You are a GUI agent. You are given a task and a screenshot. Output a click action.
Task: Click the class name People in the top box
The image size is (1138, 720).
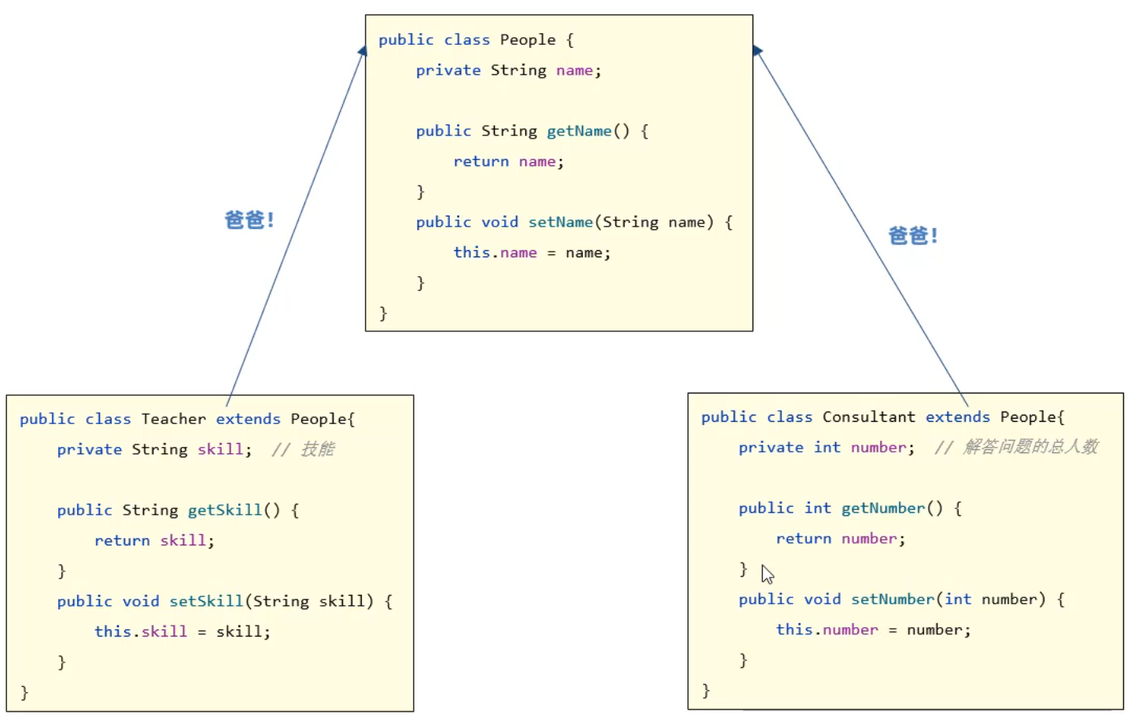(x=527, y=40)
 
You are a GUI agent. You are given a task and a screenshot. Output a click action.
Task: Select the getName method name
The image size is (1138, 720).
(x=579, y=131)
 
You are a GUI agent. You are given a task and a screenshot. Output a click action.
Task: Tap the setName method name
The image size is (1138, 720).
(x=560, y=223)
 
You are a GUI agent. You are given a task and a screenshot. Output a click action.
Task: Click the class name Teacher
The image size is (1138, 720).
(x=173, y=419)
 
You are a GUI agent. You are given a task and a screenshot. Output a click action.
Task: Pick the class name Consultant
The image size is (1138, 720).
(x=868, y=417)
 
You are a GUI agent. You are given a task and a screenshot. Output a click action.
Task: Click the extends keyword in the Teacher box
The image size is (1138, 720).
(x=248, y=419)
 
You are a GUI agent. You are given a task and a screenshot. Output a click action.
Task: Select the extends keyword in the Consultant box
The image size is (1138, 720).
(x=957, y=417)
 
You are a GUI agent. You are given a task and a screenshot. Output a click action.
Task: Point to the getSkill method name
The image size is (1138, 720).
(x=224, y=511)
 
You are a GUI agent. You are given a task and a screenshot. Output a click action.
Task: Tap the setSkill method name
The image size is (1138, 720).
(x=206, y=602)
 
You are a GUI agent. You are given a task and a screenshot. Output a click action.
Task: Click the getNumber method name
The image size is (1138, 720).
(x=882, y=508)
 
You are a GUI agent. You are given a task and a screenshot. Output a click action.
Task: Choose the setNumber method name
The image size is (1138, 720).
(x=892, y=600)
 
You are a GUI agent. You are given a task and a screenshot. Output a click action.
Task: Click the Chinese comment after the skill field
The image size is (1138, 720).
(x=304, y=449)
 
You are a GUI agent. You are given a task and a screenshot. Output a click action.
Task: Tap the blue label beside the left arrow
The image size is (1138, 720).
(x=249, y=220)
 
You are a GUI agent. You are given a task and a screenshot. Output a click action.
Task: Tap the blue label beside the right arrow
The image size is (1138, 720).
(x=912, y=236)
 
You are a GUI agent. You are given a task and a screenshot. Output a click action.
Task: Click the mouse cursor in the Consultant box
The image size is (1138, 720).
(x=767, y=574)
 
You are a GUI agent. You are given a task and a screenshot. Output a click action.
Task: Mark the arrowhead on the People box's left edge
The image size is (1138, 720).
(x=363, y=51)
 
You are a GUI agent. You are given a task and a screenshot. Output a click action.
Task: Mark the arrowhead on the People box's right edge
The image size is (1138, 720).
(x=757, y=51)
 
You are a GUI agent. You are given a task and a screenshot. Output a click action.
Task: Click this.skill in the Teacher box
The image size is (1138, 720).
(x=141, y=632)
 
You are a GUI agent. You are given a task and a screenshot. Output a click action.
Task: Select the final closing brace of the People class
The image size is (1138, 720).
(x=383, y=314)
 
